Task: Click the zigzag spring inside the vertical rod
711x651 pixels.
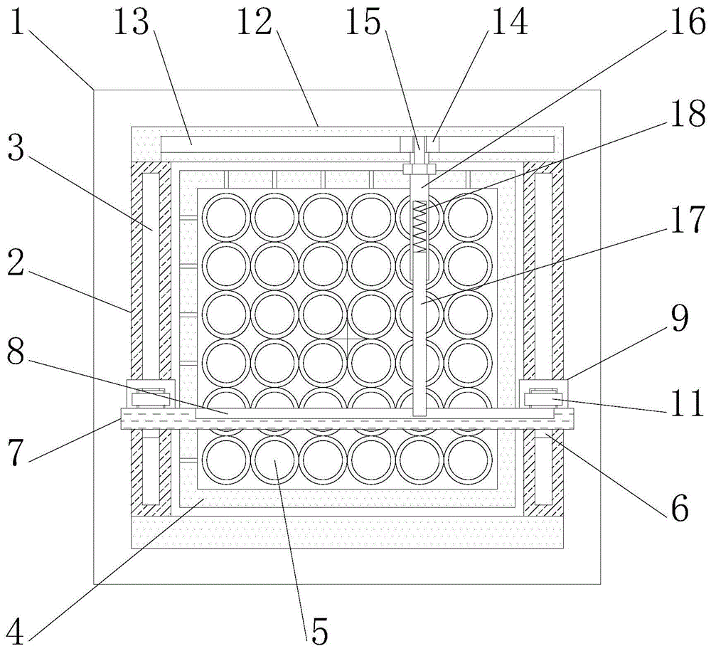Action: [x=420, y=226]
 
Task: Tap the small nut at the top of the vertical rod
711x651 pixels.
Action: [x=419, y=169]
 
